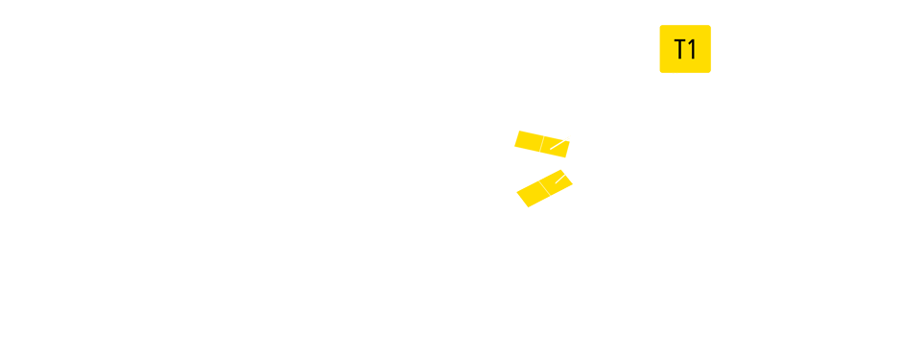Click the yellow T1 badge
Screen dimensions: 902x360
tap(685, 49)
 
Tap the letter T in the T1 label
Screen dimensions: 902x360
tap(680, 50)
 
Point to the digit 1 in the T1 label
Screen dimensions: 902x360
tap(692, 50)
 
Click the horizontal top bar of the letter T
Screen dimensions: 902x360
tap(680, 41)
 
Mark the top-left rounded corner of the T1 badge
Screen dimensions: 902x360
tap(662, 28)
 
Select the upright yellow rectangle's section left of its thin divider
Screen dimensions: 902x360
tap(527, 144)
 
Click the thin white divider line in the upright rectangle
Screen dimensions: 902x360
tap(542, 144)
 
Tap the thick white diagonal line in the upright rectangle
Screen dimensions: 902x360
tap(559, 144)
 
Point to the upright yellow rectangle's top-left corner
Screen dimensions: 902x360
tap(514, 131)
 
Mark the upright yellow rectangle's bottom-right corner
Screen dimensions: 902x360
tap(569, 157)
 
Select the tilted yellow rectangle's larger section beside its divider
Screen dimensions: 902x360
tap(533, 193)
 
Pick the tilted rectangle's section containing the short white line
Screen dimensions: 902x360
tap(558, 180)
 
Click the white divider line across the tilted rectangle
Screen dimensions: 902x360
tap(544, 188)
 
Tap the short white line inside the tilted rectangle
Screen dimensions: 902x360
tap(558, 178)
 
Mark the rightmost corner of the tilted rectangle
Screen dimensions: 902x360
tap(573, 181)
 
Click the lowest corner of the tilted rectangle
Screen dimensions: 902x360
tap(529, 206)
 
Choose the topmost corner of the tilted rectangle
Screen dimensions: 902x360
tap(561, 170)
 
